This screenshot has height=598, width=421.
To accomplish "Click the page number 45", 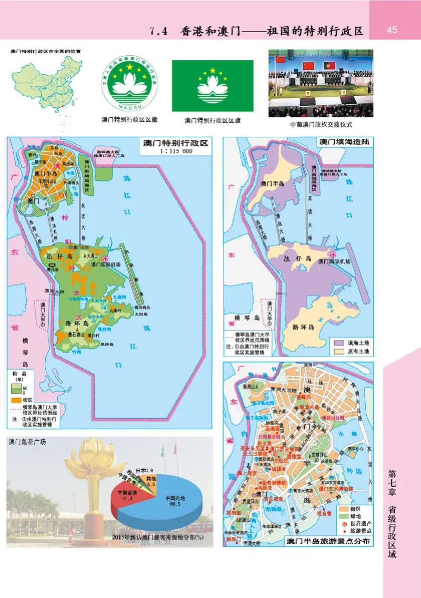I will pyautogui.click(x=392, y=29).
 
